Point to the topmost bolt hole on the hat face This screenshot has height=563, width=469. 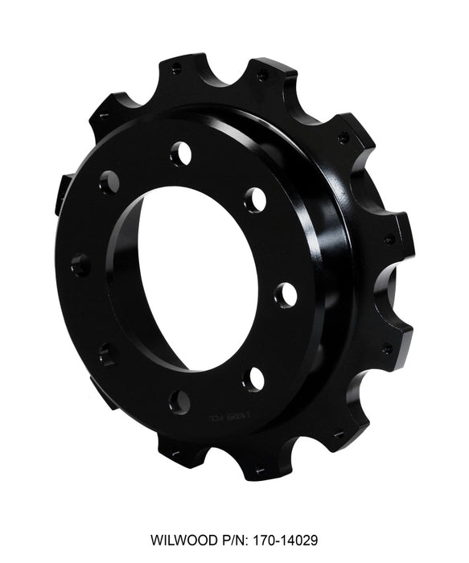coord(181,152)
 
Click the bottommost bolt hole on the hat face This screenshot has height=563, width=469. coord(181,401)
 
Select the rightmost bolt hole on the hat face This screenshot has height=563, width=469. coord(285,295)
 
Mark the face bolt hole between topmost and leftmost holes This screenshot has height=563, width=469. coord(109,182)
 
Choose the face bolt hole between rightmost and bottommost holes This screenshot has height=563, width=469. coord(254,377)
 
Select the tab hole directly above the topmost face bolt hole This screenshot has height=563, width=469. coord(175,69)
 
